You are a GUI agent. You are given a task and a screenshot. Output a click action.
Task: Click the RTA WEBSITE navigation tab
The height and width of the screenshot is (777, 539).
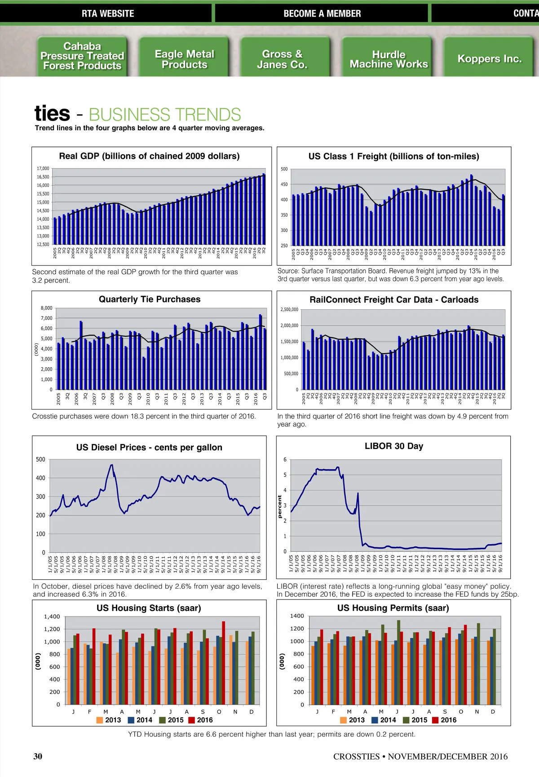tap(108, 13)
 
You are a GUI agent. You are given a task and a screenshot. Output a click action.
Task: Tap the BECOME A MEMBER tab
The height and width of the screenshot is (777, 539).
tap(322, 13)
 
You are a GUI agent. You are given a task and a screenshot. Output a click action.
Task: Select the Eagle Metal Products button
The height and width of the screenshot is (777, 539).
tap(184, 59)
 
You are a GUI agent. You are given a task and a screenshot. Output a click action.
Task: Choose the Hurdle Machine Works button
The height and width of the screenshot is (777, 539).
tap(389, 59)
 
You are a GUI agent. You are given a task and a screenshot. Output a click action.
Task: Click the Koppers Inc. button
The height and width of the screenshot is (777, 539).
tap(489, 59)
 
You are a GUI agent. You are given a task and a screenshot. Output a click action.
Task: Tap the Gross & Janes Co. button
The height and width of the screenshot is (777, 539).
tap(282, 59)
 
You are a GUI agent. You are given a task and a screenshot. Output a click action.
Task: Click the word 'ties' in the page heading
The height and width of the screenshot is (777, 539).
tap(52, 113)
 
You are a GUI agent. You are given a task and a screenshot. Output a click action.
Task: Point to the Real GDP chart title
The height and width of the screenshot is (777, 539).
tap(149, 156)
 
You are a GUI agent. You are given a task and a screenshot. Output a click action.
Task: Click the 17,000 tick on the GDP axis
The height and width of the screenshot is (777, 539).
tap(43, 169)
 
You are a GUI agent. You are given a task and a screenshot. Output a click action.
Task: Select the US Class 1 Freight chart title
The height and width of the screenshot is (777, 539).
tap(393, 156)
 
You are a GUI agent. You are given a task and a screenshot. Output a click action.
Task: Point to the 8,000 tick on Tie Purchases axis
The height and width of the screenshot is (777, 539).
tap(47, 308)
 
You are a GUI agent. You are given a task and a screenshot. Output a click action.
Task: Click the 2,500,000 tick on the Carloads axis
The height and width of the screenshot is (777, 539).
tap(289, 310)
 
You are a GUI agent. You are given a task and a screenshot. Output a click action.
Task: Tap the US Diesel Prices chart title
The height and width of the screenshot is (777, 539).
tap(149, 447)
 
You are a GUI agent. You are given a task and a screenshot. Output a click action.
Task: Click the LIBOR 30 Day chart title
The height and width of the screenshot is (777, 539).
tap(394, 446)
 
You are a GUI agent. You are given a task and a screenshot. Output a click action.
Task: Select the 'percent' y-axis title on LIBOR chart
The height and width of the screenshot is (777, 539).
tap(280, 506)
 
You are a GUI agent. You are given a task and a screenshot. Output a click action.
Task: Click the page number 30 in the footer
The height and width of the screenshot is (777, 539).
tap(38, 756)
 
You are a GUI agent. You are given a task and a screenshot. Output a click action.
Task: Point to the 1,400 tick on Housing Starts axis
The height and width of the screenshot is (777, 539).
tap(52, 617)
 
